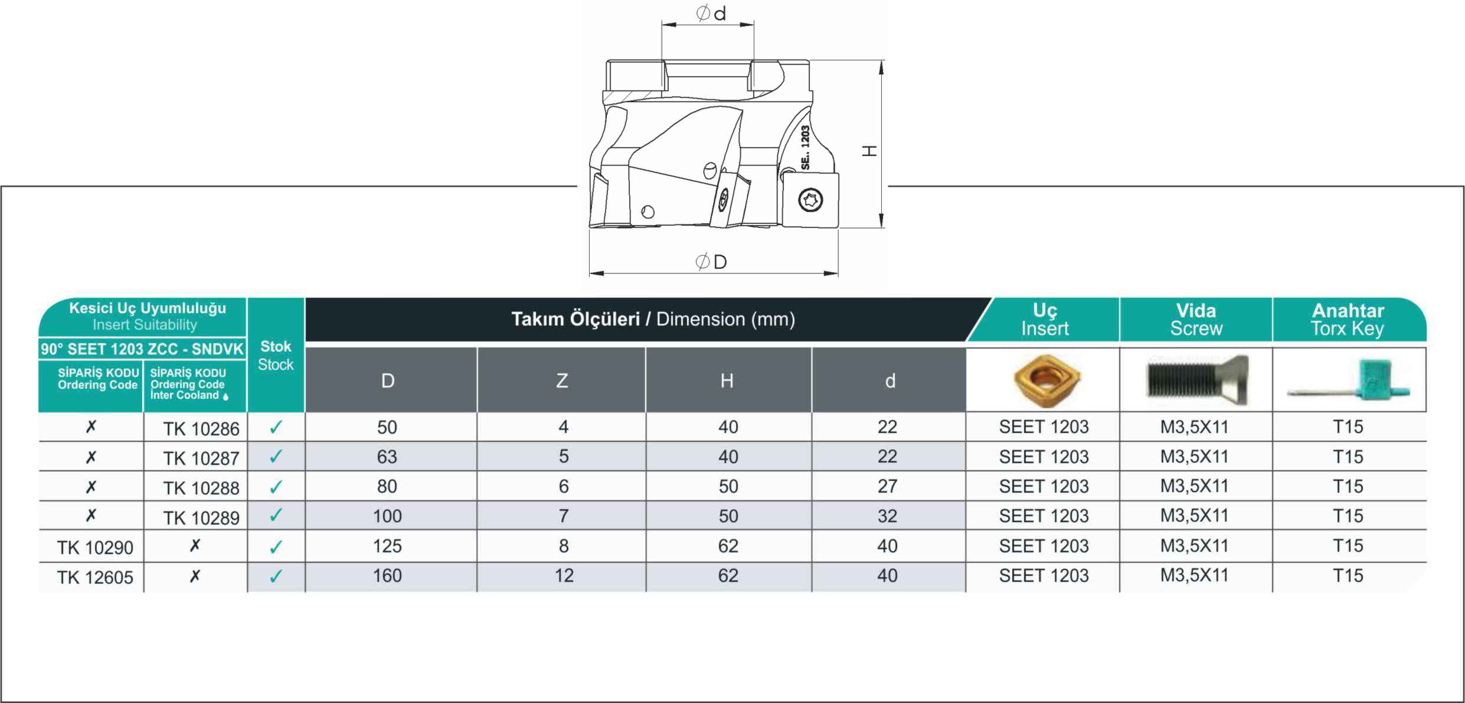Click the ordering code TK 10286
tap(201, 428)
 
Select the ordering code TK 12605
tap(95, 577)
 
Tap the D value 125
tap(387, 546)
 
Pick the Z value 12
tap(564, 575)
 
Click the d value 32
tap(887, 516)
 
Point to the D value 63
tap(387, 457)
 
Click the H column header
tap(727, 381)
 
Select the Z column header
tap(562, 381)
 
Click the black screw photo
tap(1198, 380)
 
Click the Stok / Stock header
tap(276, 355)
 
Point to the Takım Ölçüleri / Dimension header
tap(653, 319)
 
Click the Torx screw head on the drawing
tap(810, 200)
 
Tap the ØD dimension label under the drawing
tap(711, 261)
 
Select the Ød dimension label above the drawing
tap(711, 13)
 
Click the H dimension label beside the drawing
tap(869, 151)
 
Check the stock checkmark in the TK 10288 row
tap(276, 487)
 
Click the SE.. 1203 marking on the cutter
tap(805, 148)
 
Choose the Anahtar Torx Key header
tap(1348, 319)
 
